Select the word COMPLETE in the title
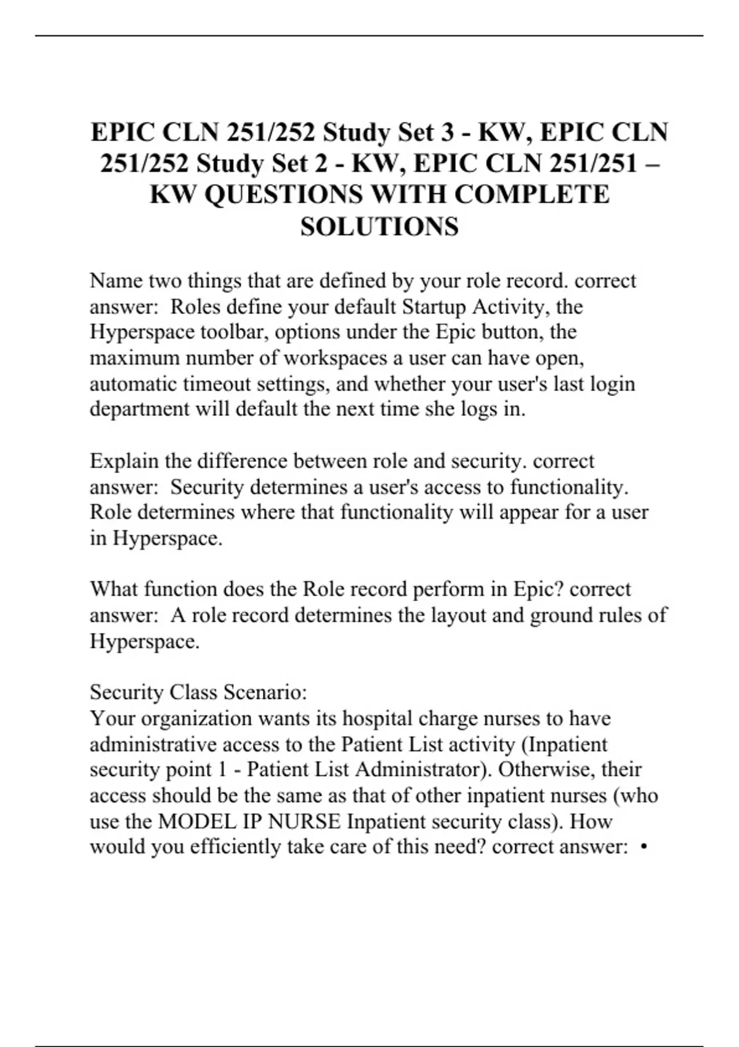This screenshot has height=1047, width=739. (532, 195)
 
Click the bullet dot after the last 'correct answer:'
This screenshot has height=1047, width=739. (644, 847)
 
